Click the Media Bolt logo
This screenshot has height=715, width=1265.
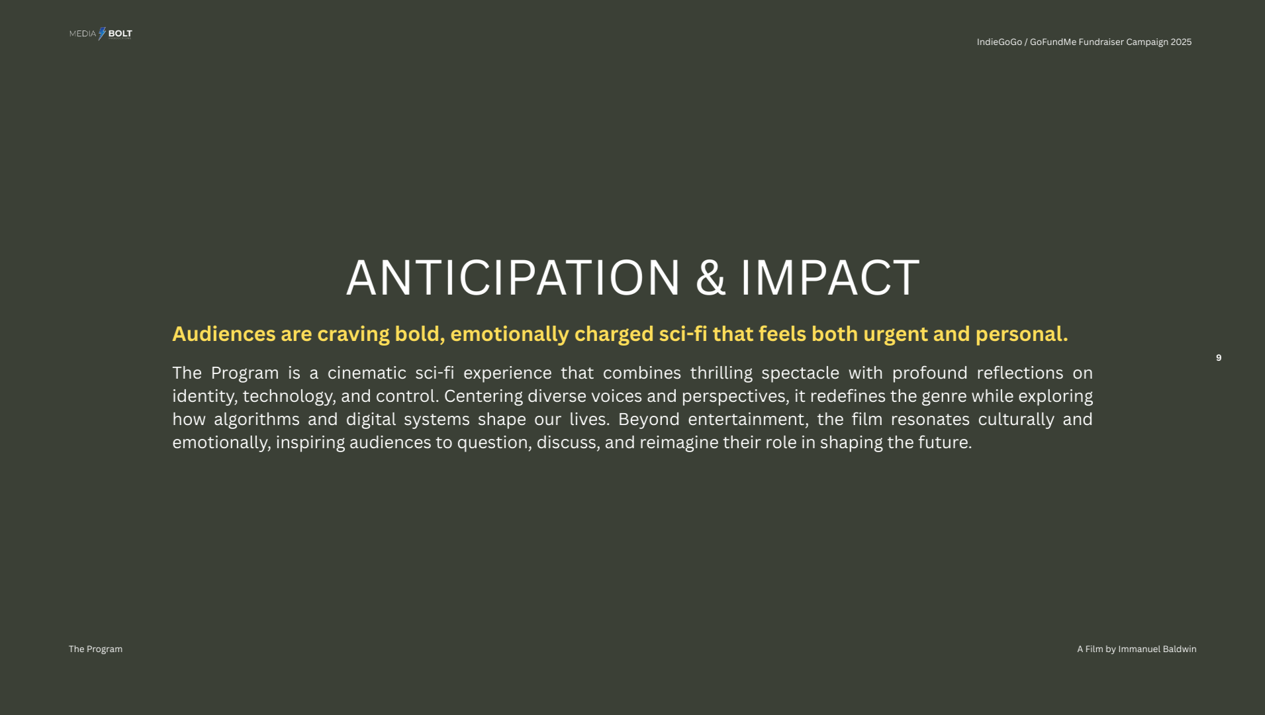pos(101,34)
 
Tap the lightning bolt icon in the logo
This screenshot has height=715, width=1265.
pos(102,34)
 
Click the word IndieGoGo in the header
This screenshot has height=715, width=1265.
pos(1000,42)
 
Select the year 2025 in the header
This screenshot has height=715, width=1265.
pos(1181,42)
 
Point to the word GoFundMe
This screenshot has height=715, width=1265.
pos(1053,42)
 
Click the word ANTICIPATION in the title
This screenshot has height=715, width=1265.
pos(513,277)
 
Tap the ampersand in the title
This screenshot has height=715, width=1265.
pos(710,277)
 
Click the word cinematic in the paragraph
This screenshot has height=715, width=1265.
pos(367,373)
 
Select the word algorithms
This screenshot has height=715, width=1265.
pos(257,420)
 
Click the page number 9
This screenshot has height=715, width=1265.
pos(1219,358)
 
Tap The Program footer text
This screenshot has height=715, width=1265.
pos(95,649)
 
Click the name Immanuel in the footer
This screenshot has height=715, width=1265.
pos(1139,649)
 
